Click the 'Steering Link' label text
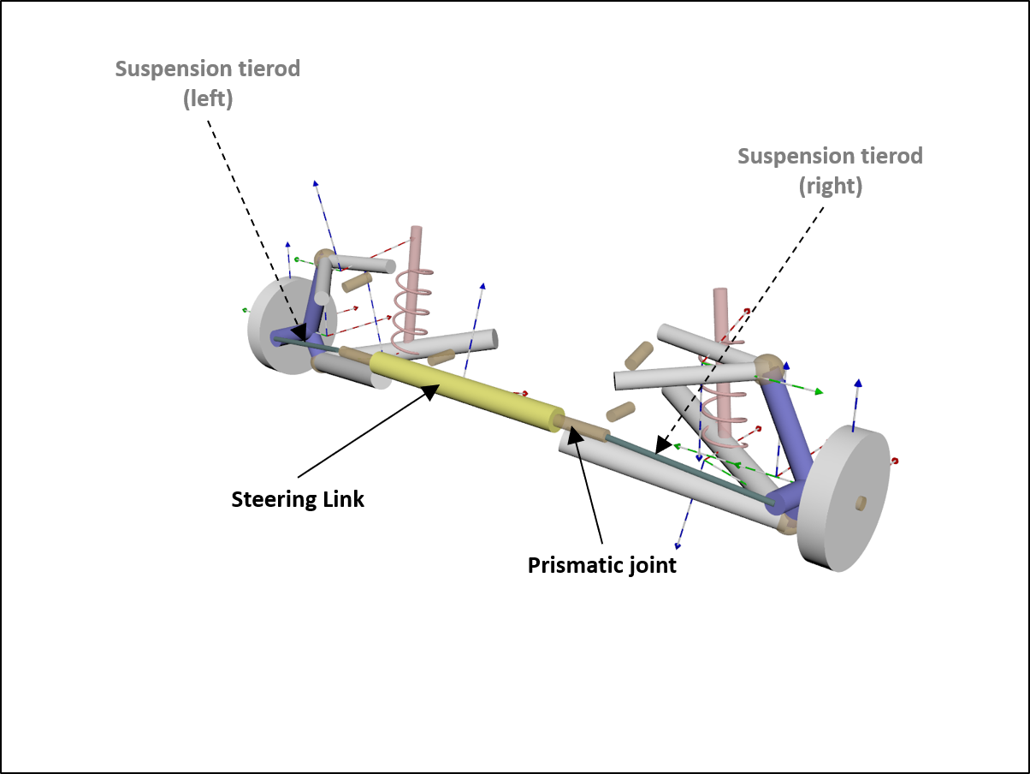(298, 499)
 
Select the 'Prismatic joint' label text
(601, 566)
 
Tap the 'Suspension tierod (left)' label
(208, 83)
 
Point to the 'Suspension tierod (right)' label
(830, 170)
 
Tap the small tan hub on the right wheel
(861, 502)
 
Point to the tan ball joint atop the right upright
(767, 366)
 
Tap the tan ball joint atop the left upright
(323, 259)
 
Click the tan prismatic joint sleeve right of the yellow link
(585, 428)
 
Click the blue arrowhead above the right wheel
(858, 384)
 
